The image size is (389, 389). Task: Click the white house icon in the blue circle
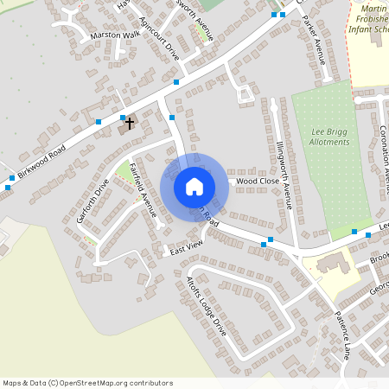pyautogui.click(x=194, y=186)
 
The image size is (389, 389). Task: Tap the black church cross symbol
pyautogui.click(x=130, y=124)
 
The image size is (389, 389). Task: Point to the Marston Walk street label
pyautogui.click(x=114, y=36)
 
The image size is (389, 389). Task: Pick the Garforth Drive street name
pyautogui.click(x=93, y=201)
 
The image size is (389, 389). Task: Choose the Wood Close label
pyautogui.click(x=258, y=182)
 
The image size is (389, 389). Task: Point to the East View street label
pyautogui.click(x=185, y=248)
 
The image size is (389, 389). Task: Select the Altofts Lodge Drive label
pyautogui.click(x=207, y=306)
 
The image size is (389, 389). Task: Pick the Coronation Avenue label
pyautogui.click(x=383, y=156)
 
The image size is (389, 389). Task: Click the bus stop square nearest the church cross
pyautogui.click(x=123, y=118)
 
